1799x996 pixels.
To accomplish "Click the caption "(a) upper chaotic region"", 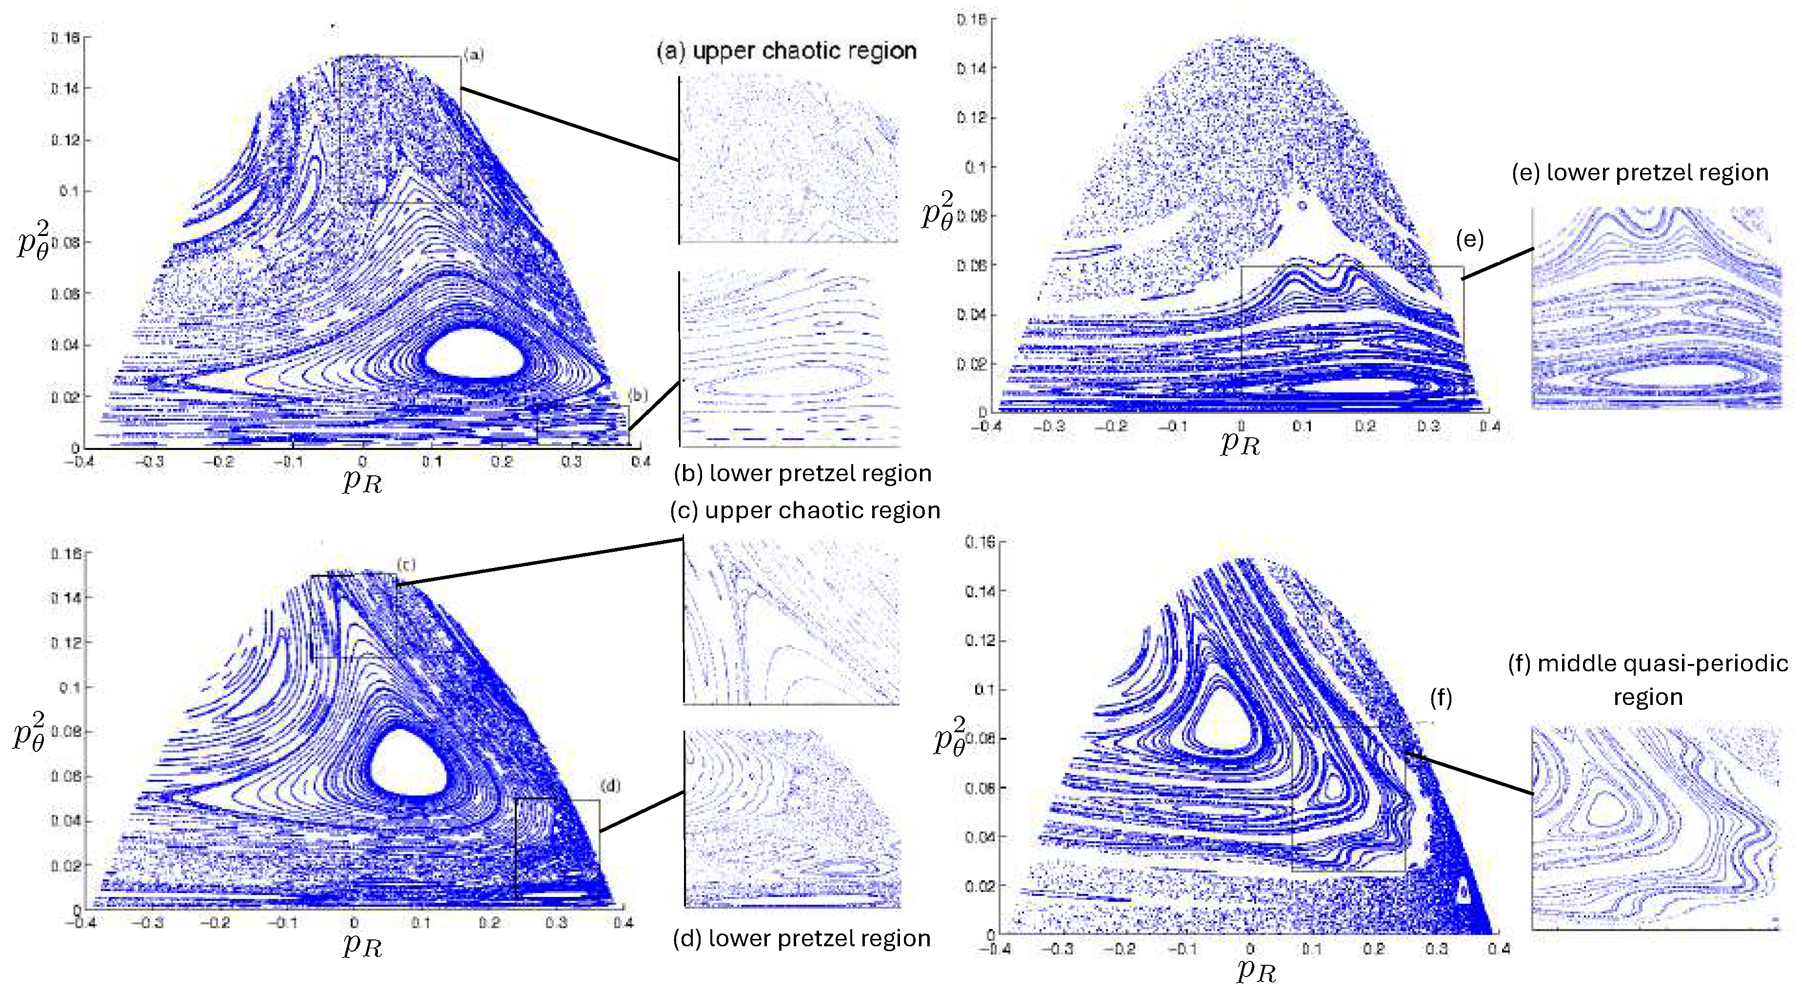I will click(786, 51).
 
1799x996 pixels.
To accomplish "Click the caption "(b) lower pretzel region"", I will click(802, 473).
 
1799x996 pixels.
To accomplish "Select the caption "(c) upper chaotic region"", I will click(804, 510).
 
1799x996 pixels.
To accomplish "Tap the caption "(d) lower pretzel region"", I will click(801, 938).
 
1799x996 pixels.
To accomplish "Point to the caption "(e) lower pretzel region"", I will click(1640, 173).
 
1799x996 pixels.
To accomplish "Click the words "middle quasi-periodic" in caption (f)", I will click(1662, 663).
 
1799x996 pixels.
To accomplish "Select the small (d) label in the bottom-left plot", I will click(610, 786).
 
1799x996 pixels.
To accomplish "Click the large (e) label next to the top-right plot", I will click(1469, 239).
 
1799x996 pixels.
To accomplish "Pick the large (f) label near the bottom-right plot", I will click(1441, 697).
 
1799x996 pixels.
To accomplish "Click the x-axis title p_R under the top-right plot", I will click(1240, 443).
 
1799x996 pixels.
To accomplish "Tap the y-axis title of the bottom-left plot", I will click(29, 731).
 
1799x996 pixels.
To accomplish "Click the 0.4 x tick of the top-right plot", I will click(1489, 426).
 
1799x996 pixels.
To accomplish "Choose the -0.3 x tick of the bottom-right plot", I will click(1059, 949).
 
